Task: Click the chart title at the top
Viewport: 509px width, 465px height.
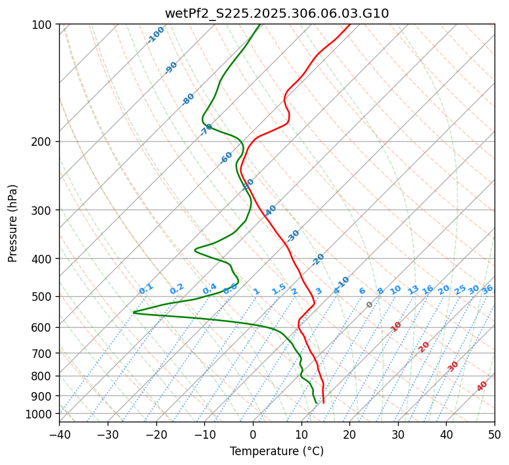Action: click(x=277, y=13)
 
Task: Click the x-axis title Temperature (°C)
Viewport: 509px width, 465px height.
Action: click(x=277, y=452)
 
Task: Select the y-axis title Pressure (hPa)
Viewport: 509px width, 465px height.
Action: click(x=12, y=223)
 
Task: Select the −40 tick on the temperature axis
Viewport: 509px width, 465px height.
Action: click(x=59, y=435)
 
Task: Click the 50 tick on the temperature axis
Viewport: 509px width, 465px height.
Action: click(x=495, y=435)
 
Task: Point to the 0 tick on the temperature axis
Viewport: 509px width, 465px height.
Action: click(x=253, y=435)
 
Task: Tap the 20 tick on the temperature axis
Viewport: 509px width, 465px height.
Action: click(x=349, y=435)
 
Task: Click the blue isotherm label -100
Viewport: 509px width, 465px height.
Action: click(x=156, y=35)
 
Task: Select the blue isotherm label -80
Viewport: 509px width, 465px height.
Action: click(x=188, y=99)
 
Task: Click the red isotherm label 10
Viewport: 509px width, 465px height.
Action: click(x=396, y=326)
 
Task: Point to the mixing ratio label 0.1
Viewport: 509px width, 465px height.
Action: click(x=146, y=289)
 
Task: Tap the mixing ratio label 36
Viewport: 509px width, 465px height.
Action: click(x=487, y=290)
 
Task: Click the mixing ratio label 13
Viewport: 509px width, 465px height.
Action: click(x=413, y=290)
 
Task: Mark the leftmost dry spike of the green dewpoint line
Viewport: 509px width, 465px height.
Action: click(x=134, y=312)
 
